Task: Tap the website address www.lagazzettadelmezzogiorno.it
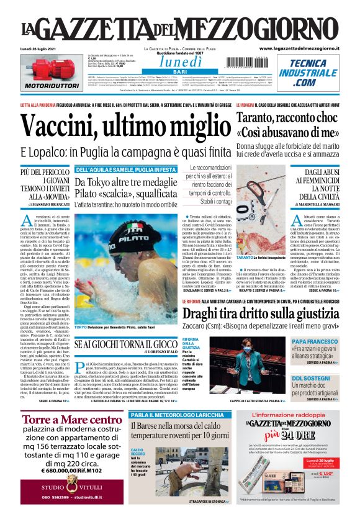tap(299, 48)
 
